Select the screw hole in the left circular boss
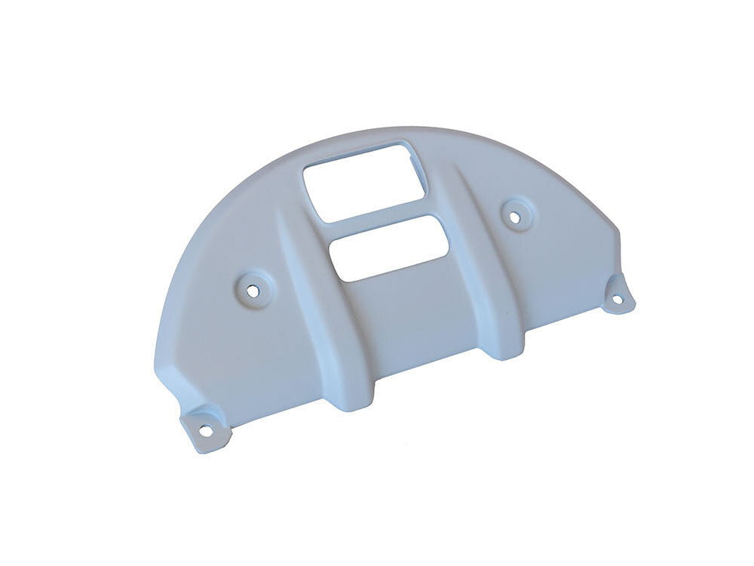(x=252, y=288)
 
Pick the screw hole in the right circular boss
(x=515, y=217)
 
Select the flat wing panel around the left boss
(x=226, y=332)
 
